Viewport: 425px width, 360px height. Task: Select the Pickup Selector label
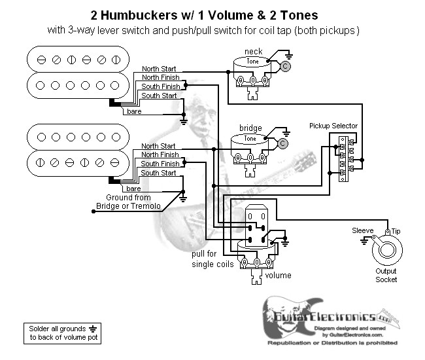point(333,126)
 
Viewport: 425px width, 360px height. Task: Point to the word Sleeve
point(363,231)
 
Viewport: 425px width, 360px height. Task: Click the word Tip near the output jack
point(396,231)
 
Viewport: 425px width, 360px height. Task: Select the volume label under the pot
point(278,276)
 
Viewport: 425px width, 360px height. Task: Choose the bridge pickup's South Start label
point(158,173)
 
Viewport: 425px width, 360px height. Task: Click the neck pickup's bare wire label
point(134,112)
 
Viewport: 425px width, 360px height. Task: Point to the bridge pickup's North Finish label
point(159,155)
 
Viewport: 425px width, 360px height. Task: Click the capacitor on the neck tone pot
point(286,66)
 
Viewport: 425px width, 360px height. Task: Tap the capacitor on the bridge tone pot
point(283,143)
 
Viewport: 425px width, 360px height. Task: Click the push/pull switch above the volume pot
point(256,223)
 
